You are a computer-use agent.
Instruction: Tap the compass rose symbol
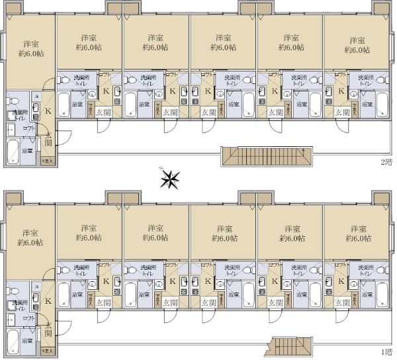pos(171,179)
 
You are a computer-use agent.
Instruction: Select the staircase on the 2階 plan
pos(265,156)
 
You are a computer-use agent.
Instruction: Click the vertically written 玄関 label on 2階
pos(48,141)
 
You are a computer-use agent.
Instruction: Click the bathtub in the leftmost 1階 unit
pos(13,341)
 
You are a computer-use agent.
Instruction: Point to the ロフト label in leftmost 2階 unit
pos(28,128)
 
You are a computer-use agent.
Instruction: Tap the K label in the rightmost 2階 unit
pos(341,91)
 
